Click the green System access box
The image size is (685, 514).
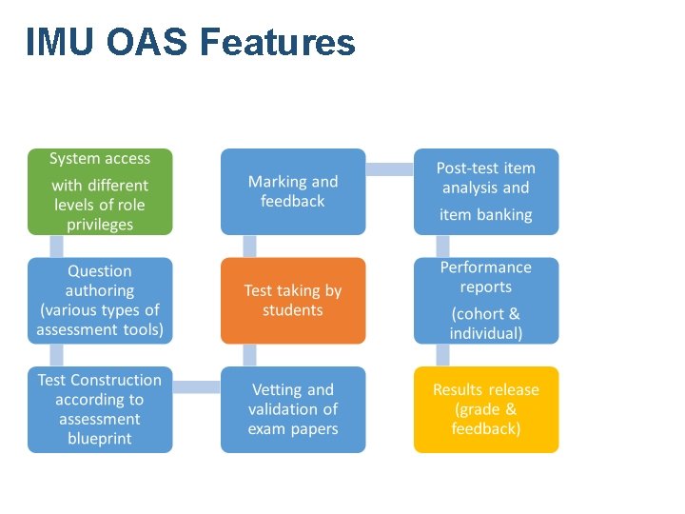point(100,191)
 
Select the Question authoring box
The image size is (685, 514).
point(100,300)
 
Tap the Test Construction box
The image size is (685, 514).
point(100,409)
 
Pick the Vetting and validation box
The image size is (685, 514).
point(293,409)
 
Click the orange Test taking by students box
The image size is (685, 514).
point(293,300)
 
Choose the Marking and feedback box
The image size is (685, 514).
point(293,191)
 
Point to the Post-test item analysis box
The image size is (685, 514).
point(485,191)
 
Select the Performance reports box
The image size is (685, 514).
point(485,300)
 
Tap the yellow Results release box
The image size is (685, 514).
point(485,409)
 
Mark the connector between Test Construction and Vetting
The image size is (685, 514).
point(197,387)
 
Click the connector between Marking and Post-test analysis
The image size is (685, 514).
point(389,169)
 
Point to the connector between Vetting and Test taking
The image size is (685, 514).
point(249,355)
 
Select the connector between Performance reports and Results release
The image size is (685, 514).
point(442,355)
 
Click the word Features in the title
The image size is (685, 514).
point(279,43)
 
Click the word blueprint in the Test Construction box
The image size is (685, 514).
point(100,439)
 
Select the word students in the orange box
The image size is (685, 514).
point(293,310)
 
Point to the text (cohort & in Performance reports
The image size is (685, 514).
point(485,314)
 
